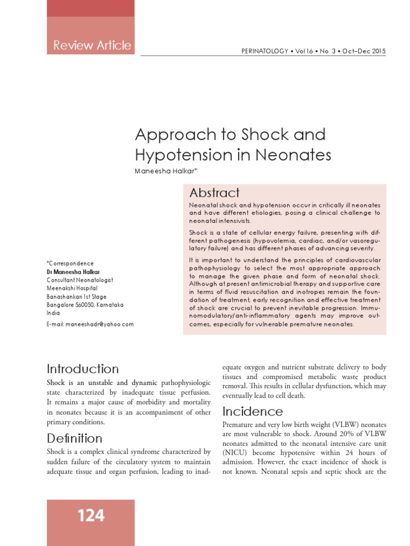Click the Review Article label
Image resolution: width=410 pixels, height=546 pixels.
[x=92, y=45]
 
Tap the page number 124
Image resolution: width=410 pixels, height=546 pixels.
[x=91, y=516]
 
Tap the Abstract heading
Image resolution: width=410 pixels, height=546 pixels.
[x=215, y=193]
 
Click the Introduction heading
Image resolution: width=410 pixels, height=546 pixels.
[x=83, y=369]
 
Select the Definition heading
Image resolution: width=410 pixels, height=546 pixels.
[x=75, y=438]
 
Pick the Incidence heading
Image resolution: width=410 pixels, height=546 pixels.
[x=253, y=412]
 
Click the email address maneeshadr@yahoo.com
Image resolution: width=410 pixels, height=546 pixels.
[x=99, y=324]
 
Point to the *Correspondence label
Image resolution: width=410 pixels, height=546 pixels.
[x=70, y=263]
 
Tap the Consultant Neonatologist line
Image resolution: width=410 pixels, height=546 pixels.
[x=80, y=280]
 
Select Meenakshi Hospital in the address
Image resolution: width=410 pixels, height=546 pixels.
[x=72, y=288]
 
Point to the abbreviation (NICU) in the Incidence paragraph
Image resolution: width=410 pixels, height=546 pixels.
[x=233, y=453]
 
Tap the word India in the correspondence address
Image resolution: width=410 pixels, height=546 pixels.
[x=53, y=314]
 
